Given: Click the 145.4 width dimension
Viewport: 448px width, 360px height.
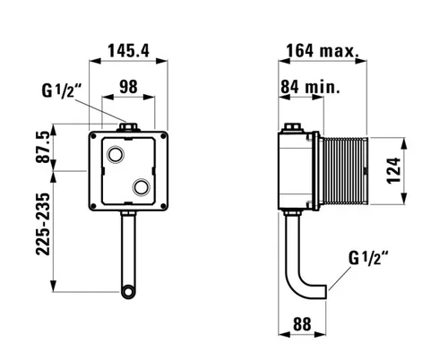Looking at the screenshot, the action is click(128, 51).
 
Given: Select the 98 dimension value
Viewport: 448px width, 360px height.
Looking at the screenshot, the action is click(128, 87).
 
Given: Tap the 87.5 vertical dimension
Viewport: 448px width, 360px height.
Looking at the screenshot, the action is click(43, 147).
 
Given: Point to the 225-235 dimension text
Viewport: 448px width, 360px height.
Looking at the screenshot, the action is click(43, 224).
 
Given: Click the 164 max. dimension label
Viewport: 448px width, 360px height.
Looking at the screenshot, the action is click(323, 51).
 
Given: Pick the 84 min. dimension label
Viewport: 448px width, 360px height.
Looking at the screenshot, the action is click(310, 87).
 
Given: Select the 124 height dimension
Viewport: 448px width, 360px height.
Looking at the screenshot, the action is click(393, 170).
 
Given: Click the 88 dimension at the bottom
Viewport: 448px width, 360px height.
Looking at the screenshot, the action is click(302, 324).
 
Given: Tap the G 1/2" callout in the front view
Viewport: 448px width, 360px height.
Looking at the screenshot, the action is click(62, 90).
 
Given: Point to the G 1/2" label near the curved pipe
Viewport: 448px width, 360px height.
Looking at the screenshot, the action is click(368, 258).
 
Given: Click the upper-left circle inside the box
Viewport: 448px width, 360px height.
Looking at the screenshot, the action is click(115, 154).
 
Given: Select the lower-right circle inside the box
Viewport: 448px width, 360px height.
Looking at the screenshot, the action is click(141, 187).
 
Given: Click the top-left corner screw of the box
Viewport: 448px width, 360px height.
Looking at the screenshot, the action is click(93, 136).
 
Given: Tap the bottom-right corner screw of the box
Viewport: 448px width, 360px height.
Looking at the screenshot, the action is click(163, 206).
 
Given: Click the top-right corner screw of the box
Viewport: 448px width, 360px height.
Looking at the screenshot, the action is click(163, 136).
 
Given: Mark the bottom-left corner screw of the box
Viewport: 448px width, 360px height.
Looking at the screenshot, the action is click(93, 206).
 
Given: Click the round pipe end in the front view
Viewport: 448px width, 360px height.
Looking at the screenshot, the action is click(128, 292).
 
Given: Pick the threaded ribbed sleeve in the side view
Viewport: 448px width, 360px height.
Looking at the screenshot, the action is click(343, 171).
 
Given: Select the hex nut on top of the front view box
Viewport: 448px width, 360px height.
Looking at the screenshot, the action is click(128, 127).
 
